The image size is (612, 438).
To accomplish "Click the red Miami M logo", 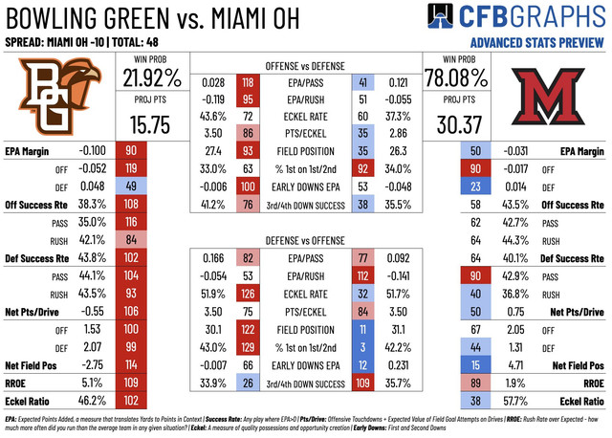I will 551,97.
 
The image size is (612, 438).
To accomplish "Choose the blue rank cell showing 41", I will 362,82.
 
